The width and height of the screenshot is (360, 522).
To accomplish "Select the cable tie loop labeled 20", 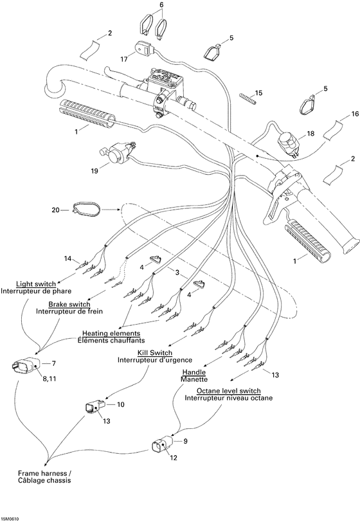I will tap(82, 208).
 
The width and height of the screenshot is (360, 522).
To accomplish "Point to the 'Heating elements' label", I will tap(111, 333).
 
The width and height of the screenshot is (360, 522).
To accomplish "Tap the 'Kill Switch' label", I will tap(154, 352).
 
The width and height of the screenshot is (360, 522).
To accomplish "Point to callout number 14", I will tap(67, 258).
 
